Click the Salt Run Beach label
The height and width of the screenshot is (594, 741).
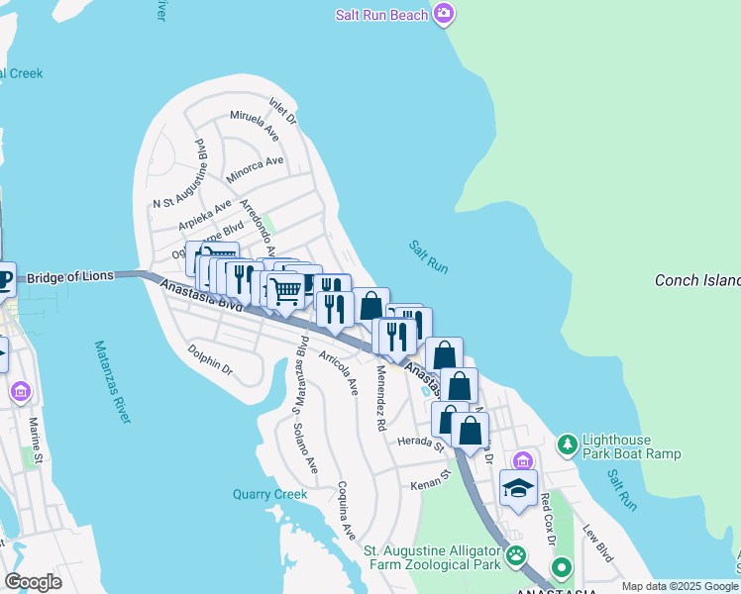click(x=381, y=15)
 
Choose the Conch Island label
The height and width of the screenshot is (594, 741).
click(x=697, y=280)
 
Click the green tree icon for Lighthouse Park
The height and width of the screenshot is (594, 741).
click(x=567, y=445)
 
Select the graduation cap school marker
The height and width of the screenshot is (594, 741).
click(x=518, y=488)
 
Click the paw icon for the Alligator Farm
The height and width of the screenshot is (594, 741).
click(x=515, y=557)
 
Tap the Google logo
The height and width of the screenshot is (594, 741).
click(x=33, y=581)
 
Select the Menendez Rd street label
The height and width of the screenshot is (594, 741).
click(x=379, y=397)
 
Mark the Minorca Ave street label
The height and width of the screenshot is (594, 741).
click(x=255, y=168)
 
